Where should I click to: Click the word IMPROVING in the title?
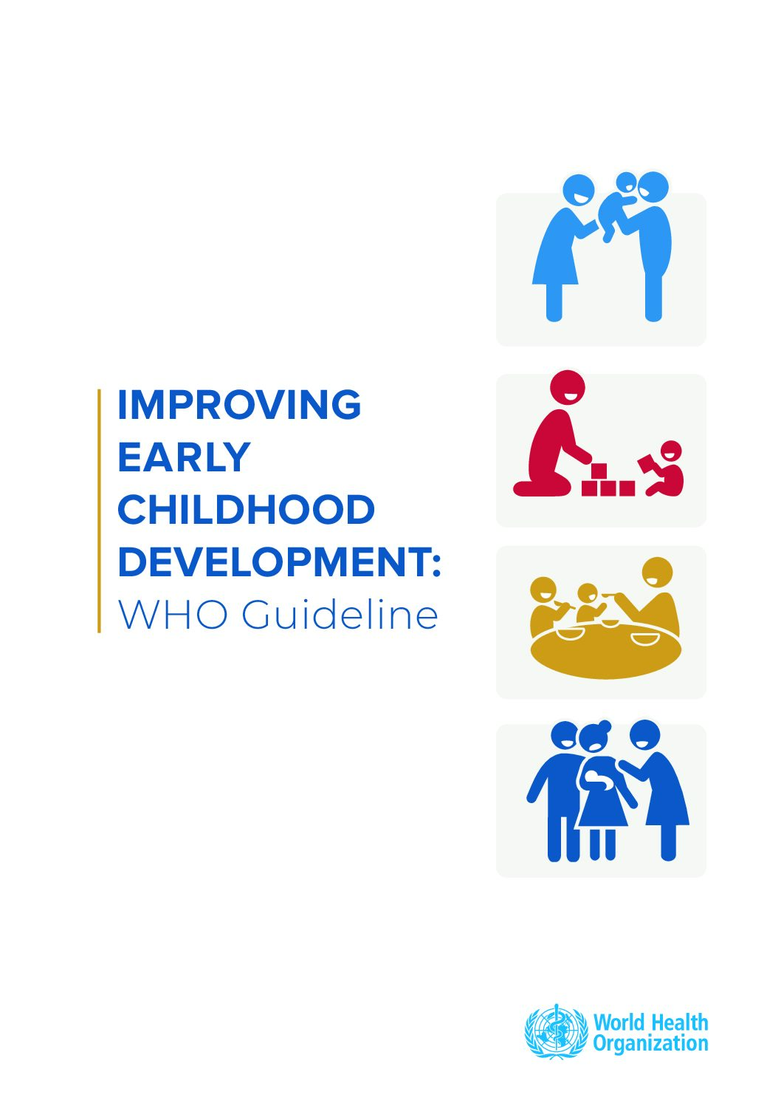coord(239,404)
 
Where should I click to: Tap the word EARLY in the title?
coord(184,457)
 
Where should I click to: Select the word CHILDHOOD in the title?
coord(247,509)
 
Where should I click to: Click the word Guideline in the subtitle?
coord(340,615)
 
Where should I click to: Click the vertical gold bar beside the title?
coord(99,511)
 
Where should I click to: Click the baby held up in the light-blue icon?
coord(615,206)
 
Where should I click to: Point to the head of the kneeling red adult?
coord(567,386)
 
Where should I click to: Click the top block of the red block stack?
coord(599,471)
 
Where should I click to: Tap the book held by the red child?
coord(647,465)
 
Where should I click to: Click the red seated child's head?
coord(672,450)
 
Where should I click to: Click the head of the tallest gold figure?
coord(657,573)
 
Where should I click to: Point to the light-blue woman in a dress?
coord(562,247)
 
